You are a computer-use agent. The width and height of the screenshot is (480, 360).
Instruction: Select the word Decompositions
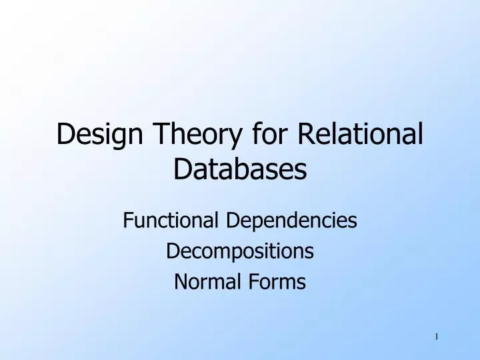coord(240,251)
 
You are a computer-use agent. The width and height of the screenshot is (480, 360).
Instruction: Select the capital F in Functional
coord(128,220)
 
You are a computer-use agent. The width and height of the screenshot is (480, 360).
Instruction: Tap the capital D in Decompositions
coord(171,251)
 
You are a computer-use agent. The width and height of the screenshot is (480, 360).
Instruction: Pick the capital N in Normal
coord(179,283)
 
